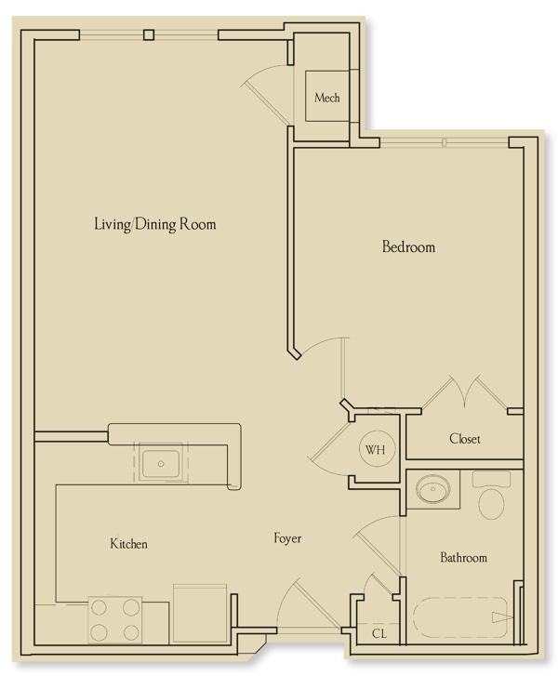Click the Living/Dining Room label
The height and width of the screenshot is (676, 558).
(x=154, y=225)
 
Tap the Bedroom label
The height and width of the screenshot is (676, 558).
(x=408, y=247)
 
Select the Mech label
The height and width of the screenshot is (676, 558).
(x=326, y=98)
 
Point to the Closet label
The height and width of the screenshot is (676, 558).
(x=464, y=439)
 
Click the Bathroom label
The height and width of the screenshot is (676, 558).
(x=463, y=557)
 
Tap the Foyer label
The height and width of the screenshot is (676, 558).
(x=287, y=538)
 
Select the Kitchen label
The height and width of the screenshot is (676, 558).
(x=129, y=544)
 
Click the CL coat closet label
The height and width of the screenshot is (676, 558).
(x=379, y=634)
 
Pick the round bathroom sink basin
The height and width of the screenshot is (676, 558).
(x=433, y=489)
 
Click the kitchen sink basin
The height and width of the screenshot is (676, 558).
(x=161, y=464)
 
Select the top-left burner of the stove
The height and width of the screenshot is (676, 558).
(x=99, y=607)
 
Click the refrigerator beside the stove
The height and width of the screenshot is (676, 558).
(x=200, y=614)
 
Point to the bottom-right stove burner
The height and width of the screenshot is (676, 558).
(x=131, y=632)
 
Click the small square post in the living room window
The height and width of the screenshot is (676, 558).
(x=149, y=34)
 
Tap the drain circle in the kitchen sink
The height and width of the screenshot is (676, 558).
(x=161, y=464)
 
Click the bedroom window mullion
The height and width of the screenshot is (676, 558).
(x=445, y=142)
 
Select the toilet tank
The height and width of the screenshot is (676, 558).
(x=492, y=480)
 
